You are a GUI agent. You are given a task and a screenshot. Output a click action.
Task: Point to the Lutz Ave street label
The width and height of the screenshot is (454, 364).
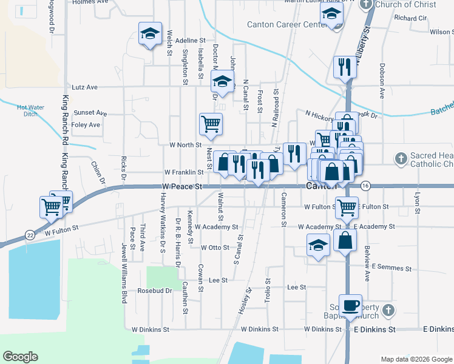coord(84,87)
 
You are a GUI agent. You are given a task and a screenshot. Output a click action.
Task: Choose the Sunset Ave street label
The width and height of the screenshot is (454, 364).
coord(90,113)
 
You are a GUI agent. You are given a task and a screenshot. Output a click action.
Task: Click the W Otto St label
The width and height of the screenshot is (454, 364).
coord(215,248)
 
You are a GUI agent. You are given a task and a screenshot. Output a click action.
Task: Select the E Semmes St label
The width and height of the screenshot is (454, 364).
coord(391,267)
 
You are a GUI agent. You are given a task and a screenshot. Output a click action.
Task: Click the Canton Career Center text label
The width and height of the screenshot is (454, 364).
coord(283,25)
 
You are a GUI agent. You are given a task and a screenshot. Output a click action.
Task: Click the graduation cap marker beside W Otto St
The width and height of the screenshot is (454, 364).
coord(317,246)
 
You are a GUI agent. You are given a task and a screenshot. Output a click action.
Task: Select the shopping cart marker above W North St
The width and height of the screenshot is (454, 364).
coord(211,124)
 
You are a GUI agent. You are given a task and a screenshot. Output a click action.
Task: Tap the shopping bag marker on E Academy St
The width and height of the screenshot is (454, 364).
coord(345,240)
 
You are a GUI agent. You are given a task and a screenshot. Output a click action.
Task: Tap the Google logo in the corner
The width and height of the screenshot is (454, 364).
coord(20,357)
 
